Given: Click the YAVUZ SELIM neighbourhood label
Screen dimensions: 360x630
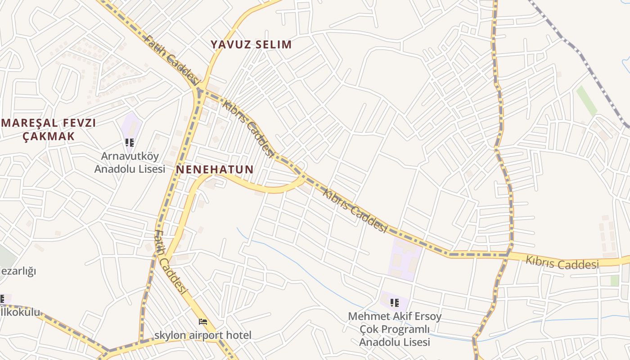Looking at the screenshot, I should click(x=252, y=45).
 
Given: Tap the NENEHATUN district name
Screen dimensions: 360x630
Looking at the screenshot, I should click(x=215, y=170).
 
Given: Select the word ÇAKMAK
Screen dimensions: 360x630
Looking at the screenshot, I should click(x=49, y=136).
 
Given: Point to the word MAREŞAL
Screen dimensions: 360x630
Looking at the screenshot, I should click(x=30, y=123).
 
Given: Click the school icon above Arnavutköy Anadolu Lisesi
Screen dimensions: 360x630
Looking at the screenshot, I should click(x=130, y=143).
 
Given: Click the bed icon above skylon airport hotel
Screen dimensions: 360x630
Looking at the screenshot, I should click(x=203, y=322).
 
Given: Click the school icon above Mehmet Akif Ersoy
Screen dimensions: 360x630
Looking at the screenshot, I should click(x=395, y=303).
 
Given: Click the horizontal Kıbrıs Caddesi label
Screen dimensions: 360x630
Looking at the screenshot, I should click(x=562, y=263).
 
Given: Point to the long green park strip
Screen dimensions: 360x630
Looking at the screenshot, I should click(x=587, y=100).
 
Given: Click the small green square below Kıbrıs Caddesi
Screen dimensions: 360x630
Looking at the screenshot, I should click(x=614, y=280).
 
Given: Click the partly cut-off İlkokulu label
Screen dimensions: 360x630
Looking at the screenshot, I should click(x=20, y=312).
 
